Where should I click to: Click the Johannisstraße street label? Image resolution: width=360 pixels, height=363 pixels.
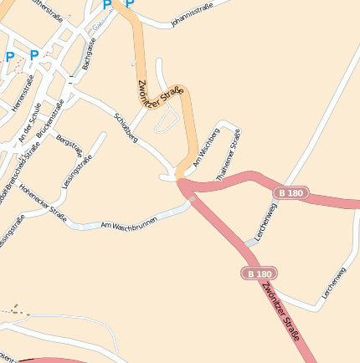pos(192,14)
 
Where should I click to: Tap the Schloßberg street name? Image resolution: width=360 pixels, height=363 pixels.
pos(124,125)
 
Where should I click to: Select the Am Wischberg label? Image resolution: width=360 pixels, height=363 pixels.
pos(206,149)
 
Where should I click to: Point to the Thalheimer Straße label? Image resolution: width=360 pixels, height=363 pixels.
pos(228,150)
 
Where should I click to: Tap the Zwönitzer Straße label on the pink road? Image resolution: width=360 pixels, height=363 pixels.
pos(280,311)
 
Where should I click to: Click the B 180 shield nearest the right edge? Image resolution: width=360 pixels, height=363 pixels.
pos(290,193)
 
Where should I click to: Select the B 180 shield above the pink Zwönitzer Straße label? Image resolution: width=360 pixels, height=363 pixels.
pos(259,274)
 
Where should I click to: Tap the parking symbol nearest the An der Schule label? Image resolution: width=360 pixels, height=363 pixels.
pos(33,55)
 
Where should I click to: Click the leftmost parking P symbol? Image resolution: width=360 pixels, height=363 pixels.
pos(9,57)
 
